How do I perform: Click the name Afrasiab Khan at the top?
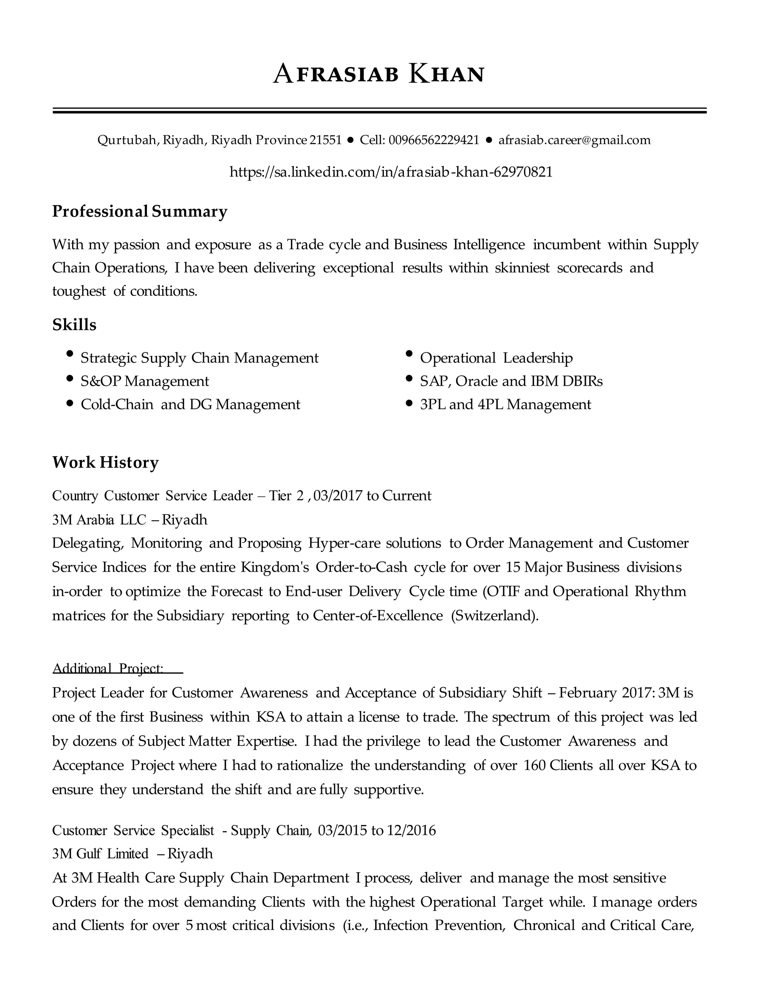coord(379,74)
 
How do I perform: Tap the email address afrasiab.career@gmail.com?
coord(574,140)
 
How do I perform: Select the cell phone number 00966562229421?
coord(434,140)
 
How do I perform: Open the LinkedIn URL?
coord(391,172)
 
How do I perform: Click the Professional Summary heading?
coord(140,211)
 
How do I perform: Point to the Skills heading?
coord(74,325)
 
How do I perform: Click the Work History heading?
coord(105,462)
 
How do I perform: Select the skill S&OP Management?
coord(145,381)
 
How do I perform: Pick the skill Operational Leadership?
coord(496,358)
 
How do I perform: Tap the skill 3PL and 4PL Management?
coord(505,405)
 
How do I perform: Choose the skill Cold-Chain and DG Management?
coord(190,405)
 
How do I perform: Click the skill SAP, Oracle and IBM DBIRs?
coord(511,381)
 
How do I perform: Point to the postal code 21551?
coord(326,140)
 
